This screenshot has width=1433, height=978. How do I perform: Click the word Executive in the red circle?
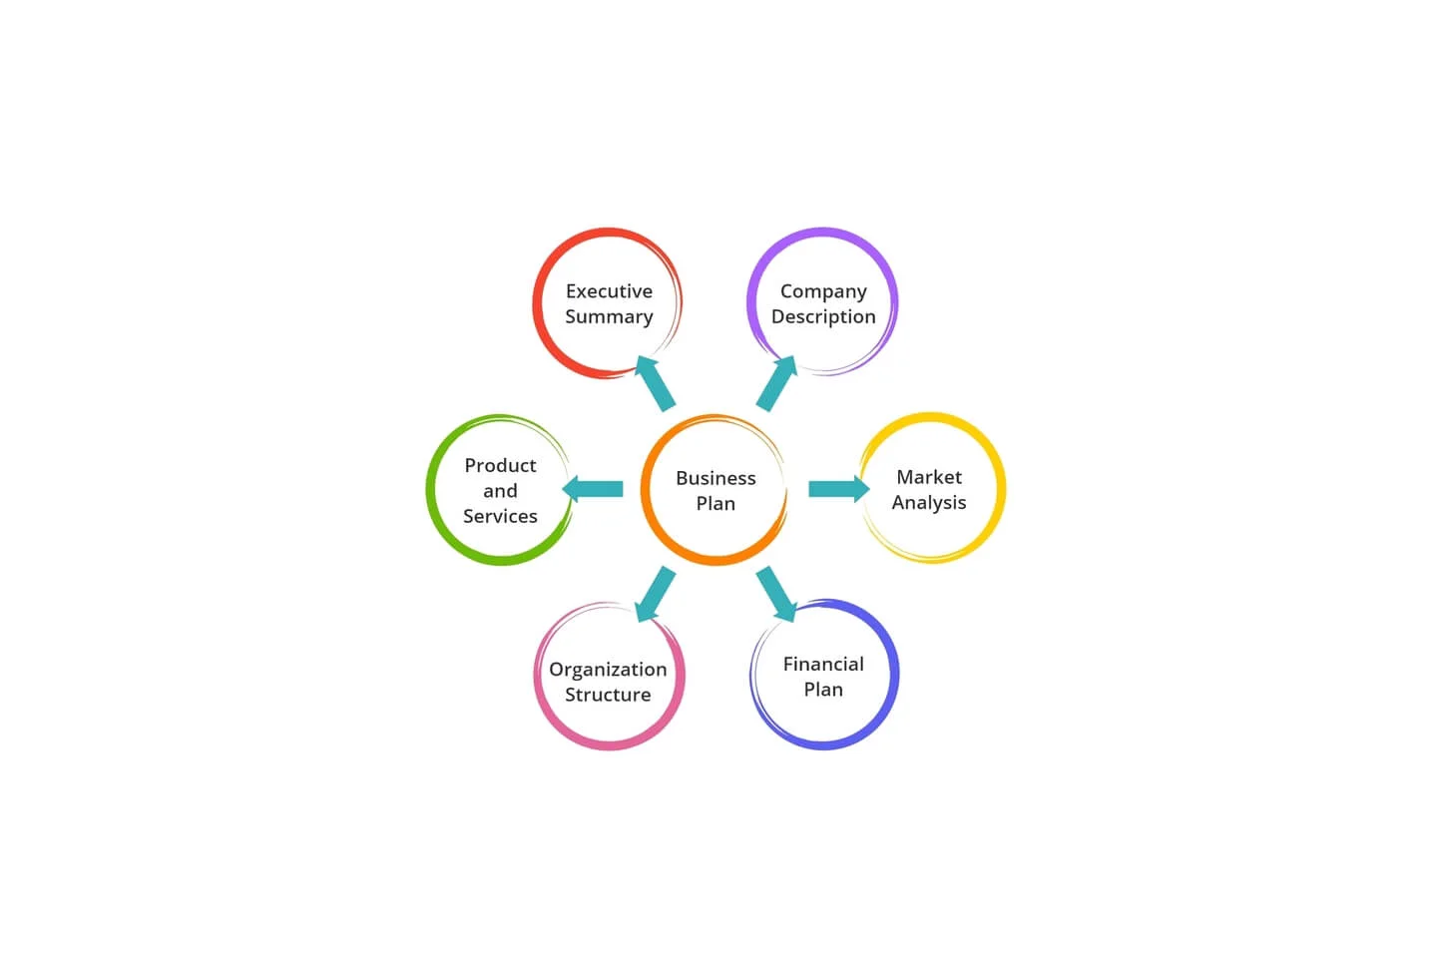pyautogui.click(x=609, y=291)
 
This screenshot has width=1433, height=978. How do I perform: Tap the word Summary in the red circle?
pyautogui.click(x=609, y=317)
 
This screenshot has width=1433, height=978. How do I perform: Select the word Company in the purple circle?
pyautogui.click(x=823, y=292)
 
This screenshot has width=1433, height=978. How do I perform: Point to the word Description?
pyautogui.click(x=823, y=317)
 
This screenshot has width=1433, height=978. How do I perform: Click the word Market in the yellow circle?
pyautogui.click(x=929, y=477)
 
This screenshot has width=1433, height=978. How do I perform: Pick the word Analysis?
pyautogui.click(x=929, y=503)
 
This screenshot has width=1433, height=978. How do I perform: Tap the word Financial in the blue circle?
pyautogui.click(x=823, y=664)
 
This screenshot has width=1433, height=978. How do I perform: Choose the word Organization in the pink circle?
pyautogui.click(x=608, y=670)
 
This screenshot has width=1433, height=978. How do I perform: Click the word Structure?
pyautogui.click(x=608, y=695)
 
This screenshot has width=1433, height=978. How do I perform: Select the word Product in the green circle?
pyautogui.click(x=500, y=466)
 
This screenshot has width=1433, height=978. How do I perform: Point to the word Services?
pyautogui.click(x=500, y=516)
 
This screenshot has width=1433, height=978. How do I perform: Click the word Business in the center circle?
pyautogui.click(x=716, y=478)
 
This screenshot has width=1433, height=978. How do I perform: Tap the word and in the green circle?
pyautogui.click(x=500, y=491)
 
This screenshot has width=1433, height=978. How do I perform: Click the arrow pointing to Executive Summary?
pyautogui.click(x=655, y=384)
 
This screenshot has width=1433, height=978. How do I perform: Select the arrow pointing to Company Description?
pyautogui.click(x=776, y=384)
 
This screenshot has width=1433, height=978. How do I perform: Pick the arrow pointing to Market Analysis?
pyautogui.click(x=839, y=489)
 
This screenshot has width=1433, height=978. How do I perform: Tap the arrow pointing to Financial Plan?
pyautogui.click(x=776, y=594)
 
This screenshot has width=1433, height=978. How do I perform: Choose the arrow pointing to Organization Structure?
pyautogui.click(x=655, y=594)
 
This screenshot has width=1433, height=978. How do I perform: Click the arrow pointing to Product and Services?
pyautogui.click(x=593, y=489)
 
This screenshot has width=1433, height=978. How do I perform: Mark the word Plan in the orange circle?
pyautogui.click(x=716, y=504)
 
